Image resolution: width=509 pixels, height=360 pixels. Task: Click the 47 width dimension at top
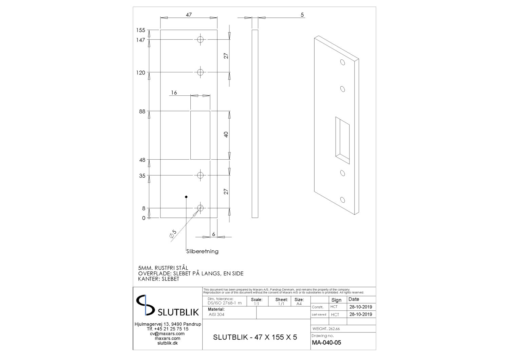click(189, 15)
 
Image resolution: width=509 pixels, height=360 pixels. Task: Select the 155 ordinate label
click(140, 30)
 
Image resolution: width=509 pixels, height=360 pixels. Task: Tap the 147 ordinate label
click(140, 40)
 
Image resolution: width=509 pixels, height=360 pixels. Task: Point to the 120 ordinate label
click(140, 73)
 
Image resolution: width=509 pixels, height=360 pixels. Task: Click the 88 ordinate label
click(142, 111)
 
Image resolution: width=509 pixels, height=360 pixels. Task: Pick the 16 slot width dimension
click(174, 93)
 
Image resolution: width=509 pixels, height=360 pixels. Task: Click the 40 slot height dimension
click(226, 134)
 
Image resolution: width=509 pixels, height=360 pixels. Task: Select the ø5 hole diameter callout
click(173, 234)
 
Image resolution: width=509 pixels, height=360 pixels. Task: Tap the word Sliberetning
click(202, 251)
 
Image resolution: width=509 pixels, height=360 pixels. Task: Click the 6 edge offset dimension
click(213, 234)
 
